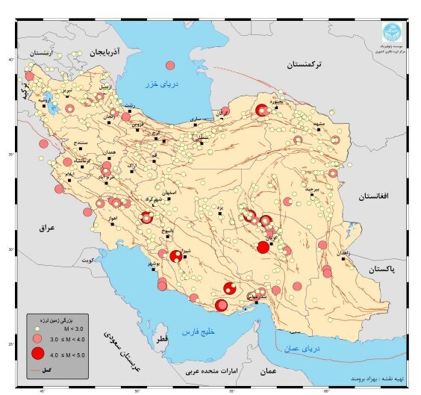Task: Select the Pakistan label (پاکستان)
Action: [381, 267]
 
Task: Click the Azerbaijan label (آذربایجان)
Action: [108, 53]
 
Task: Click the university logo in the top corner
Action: [391, 32]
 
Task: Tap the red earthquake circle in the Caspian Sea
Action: [171, 65]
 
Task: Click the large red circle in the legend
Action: [37, 354]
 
